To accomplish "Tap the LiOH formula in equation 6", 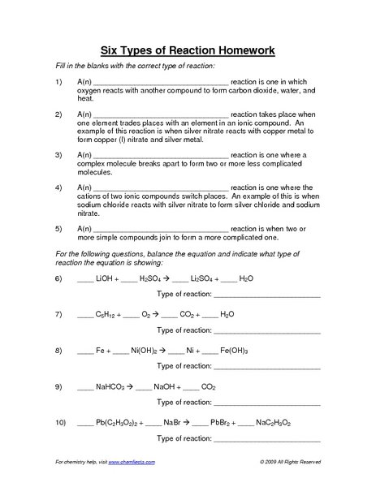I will tap(106, 278).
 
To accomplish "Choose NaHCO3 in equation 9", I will tap(110, 388).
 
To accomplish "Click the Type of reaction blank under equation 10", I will tap(266, 439).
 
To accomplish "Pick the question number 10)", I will tap(59, 424).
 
